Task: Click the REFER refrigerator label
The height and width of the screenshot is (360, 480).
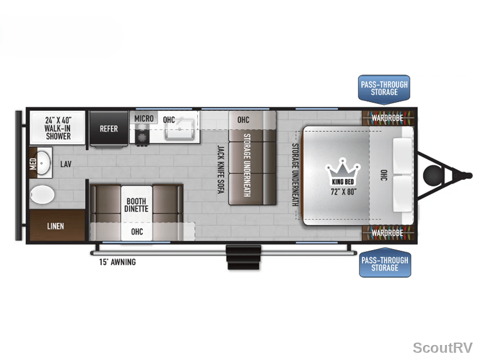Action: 109,129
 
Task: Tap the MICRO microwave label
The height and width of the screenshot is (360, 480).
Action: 144,118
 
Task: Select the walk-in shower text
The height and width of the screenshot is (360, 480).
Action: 58,128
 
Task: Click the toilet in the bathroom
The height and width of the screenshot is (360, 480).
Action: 42,194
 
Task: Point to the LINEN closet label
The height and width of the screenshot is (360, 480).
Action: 55,226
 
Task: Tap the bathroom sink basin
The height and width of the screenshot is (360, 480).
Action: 43,163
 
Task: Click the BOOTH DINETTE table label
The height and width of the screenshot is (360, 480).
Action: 136,205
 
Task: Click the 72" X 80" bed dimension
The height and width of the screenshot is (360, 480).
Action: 343,192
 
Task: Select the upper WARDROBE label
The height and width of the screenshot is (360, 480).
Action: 387,118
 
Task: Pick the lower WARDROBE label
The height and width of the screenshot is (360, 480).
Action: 387,233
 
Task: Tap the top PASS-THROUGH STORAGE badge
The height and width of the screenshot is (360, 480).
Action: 384,89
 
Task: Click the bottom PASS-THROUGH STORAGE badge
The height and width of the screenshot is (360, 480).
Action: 385,263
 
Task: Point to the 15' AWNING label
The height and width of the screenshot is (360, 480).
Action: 117,262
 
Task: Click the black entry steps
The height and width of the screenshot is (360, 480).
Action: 244,257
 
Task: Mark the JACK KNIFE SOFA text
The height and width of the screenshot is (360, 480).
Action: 220,169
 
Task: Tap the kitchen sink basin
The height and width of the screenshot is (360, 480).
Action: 179,130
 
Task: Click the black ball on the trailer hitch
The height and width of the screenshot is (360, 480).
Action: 433,175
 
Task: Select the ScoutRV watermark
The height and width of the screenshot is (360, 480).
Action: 443,348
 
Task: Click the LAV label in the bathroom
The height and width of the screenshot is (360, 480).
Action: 66,164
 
